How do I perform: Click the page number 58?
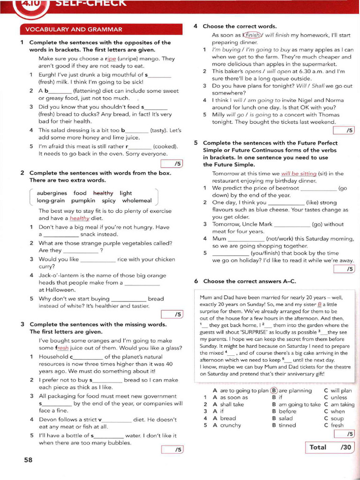[28, 460]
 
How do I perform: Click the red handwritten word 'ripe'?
[111, 59]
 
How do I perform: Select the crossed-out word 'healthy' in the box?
[103, 193]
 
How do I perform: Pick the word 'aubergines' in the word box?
[52, 193]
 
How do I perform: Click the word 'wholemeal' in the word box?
[137, 201]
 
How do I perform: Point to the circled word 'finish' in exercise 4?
[252, 35]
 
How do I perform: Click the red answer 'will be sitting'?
[299, 173]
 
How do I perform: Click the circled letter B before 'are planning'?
[274, 390]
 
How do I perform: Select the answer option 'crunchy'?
[230, 425]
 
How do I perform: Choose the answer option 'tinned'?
[287, 425]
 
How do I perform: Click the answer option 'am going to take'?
[300, 404]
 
